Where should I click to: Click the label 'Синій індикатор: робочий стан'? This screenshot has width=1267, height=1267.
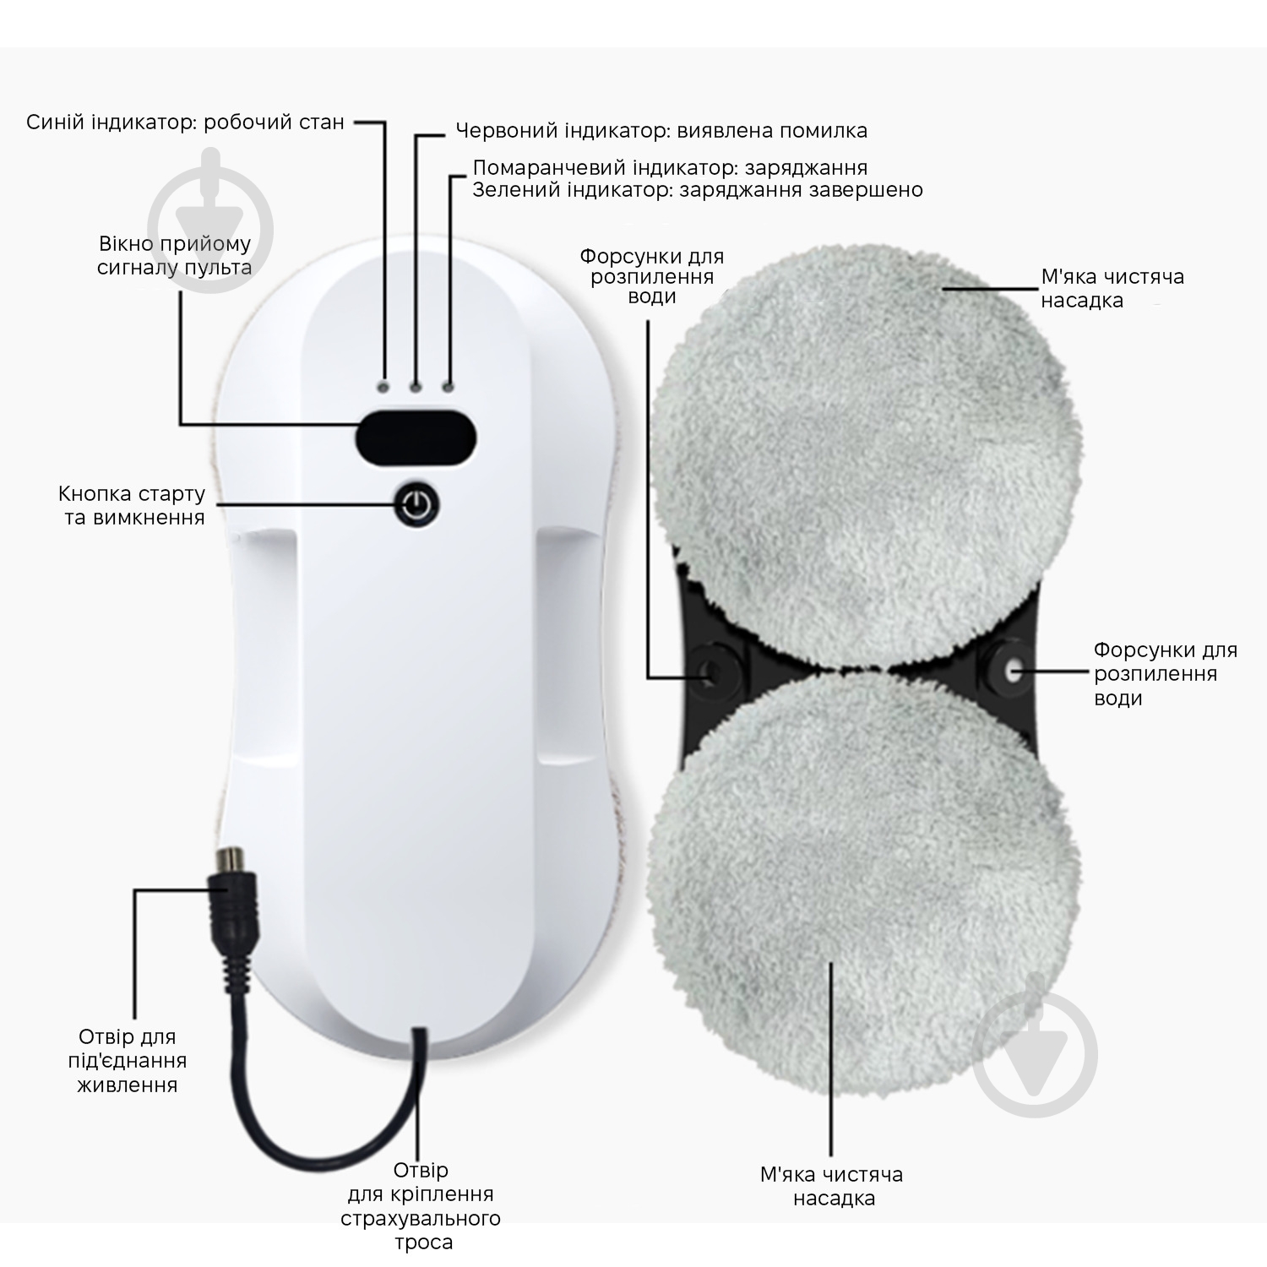(x=185, y=122)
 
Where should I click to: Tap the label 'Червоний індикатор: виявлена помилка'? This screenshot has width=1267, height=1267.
(x=661, y=131)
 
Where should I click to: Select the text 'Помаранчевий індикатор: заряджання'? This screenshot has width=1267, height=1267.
(x=670, y=167)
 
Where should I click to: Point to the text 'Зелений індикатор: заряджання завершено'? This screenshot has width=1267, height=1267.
(x=698, y=190)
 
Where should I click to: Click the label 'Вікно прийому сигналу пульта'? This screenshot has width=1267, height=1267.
(x=175, y=256)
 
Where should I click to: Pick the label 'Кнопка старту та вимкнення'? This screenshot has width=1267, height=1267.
(x=133, y=505)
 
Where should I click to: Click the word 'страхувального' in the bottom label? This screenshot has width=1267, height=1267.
(x=421, y=1219)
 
